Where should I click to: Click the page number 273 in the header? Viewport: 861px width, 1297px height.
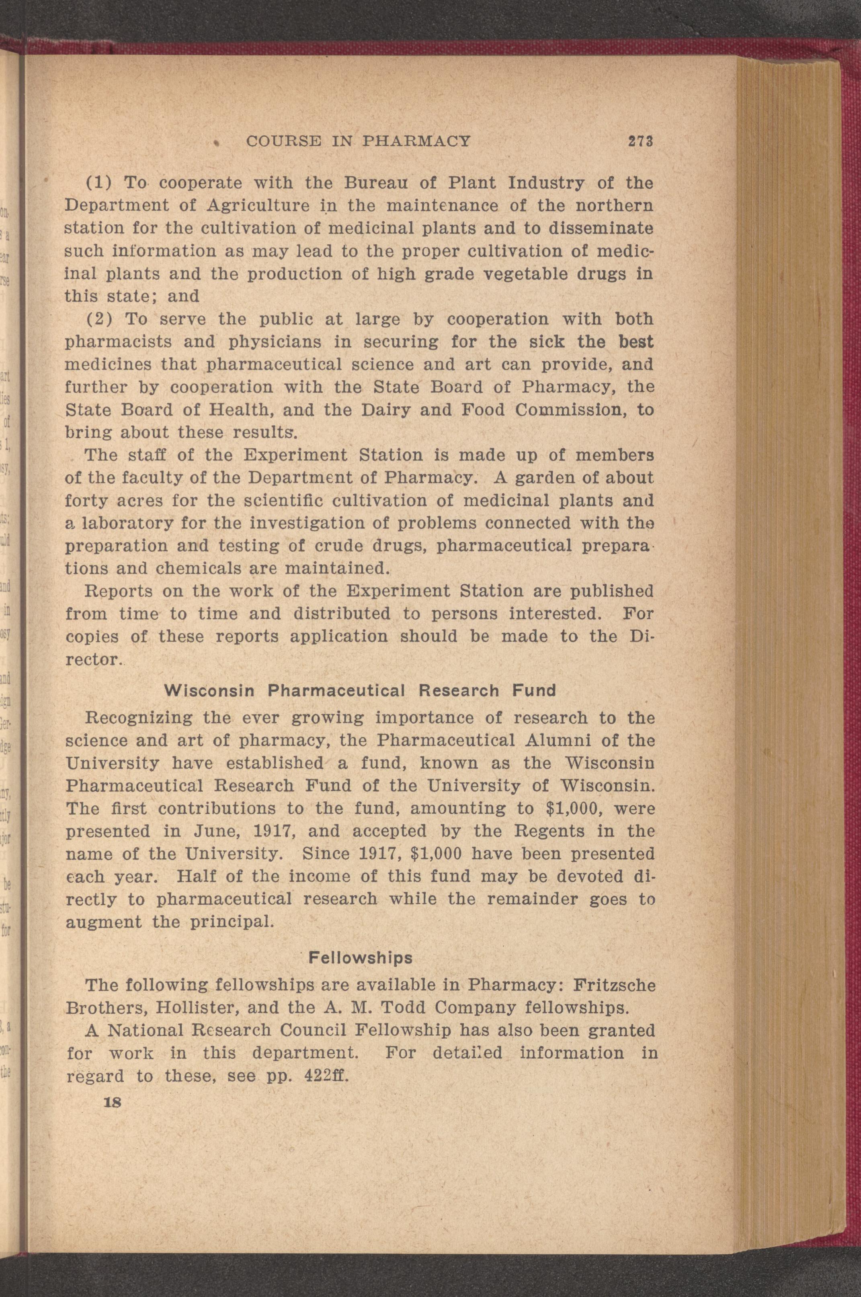pos(640,141)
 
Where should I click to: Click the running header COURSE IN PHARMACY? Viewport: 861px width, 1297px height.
pos(359,141)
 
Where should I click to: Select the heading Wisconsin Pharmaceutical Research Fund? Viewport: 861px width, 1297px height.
pos(360,690)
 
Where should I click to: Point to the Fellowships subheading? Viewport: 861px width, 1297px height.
pos(360,958)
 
